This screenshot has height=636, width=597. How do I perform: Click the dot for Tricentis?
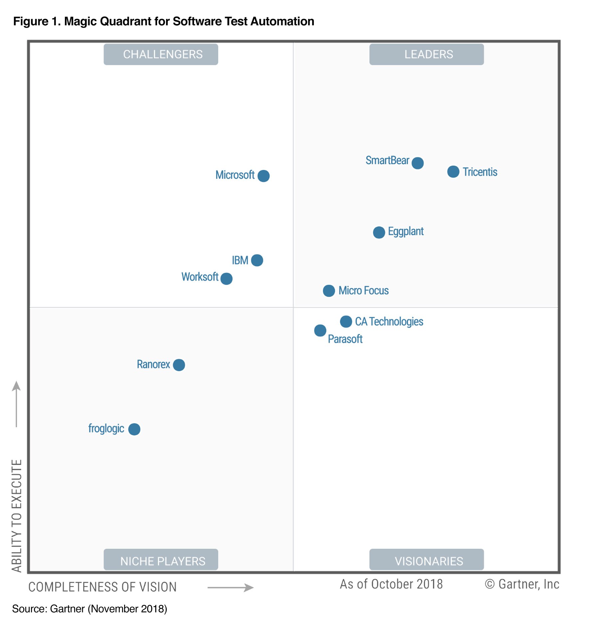(x=453, y=172)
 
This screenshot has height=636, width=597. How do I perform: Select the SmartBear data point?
(x=417, y=163)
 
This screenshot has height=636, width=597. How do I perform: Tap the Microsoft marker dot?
(x=263, y=176)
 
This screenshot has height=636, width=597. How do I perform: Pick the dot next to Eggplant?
(x=379, y=232)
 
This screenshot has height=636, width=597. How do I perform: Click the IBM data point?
(x=257, y=260)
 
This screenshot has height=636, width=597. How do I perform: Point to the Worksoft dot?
(x=226, y=279)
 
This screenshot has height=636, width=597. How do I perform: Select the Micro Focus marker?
(x=329, y=291)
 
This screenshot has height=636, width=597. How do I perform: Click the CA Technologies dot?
(x=346, y=321)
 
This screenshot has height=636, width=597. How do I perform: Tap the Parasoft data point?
(x=320, y=330)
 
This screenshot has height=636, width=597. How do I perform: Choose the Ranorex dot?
(x=179, y=365)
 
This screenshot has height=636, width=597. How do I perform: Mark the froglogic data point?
(x=134, y=429)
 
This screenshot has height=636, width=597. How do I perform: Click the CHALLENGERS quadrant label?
(x=163, y=54)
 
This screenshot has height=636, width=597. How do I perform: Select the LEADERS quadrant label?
(x=429, y=54)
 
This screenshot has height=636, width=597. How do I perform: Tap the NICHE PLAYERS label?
(x=163, y=561)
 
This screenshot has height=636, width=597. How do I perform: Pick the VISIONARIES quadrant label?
(x=429, y=561)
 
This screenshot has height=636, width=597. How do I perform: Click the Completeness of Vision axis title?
(x=102, y=587)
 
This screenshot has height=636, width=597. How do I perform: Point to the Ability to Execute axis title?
(x=17, y=516)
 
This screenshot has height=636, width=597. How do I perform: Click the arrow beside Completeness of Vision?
(x=230, y=587)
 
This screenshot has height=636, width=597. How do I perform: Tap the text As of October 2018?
(x=391, y=584)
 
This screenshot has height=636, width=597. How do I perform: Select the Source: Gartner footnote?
(x=90, y=609)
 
